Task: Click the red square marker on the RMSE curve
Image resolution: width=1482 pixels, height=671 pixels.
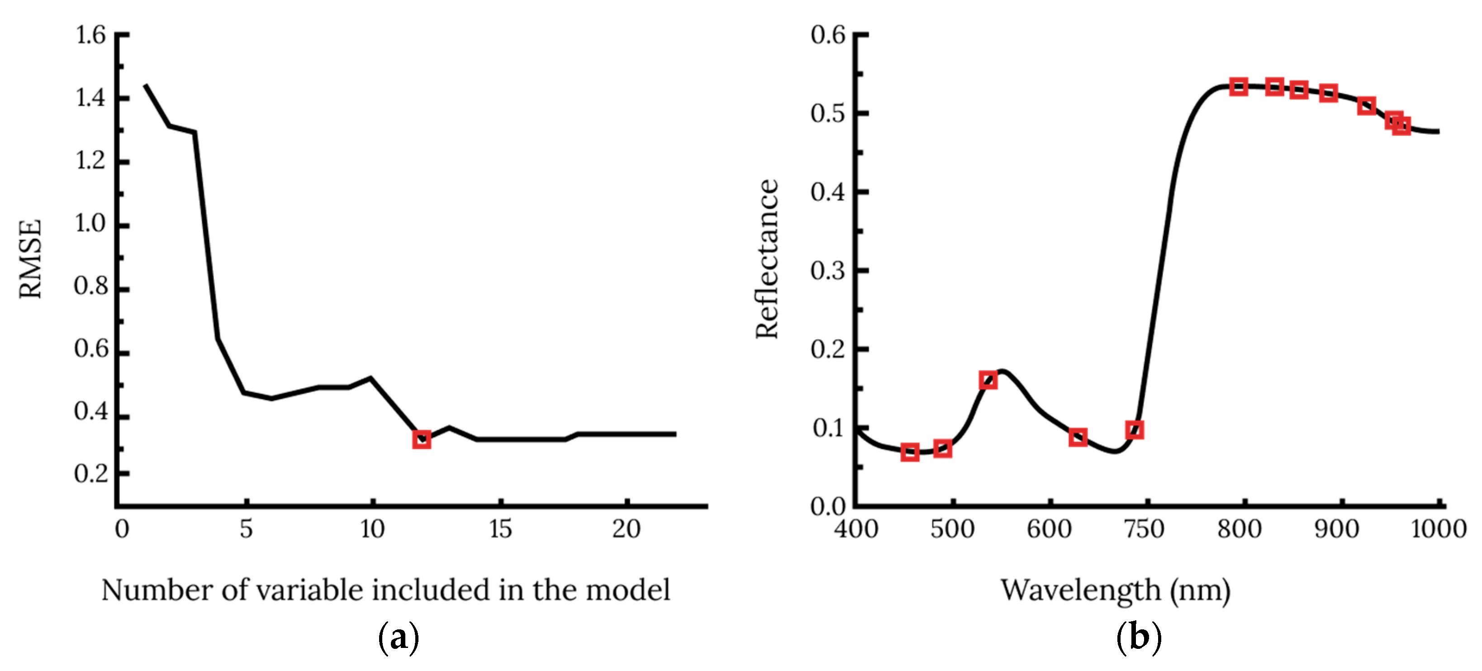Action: (422, 440)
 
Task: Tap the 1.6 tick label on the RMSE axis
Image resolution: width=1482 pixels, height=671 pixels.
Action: (91, 36)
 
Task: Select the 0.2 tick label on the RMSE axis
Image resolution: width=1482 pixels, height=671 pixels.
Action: (91, 474)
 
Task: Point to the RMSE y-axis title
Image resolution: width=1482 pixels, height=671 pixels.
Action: (30, 259)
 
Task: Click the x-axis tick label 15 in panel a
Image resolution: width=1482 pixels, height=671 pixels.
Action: (500, 529)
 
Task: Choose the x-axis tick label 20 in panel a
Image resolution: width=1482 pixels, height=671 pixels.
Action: (626, 529)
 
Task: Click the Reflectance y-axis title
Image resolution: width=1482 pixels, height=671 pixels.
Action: (767, 259)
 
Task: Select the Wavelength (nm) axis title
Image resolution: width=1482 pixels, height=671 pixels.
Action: (1116, 590)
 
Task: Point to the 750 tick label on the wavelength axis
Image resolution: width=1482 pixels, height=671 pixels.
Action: (1144, 529)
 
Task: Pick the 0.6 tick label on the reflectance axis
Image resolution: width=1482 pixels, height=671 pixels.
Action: (828, 36)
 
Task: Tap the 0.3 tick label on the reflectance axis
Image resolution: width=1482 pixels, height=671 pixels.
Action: (828, 271)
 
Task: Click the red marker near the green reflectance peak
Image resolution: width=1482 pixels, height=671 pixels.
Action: (988, 380)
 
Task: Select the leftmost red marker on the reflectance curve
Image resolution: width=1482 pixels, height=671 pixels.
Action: (910, 452)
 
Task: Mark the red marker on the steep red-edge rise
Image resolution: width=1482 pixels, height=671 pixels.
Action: (1135, 430)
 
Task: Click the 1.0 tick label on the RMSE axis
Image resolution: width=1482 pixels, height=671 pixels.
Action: (91, 223)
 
